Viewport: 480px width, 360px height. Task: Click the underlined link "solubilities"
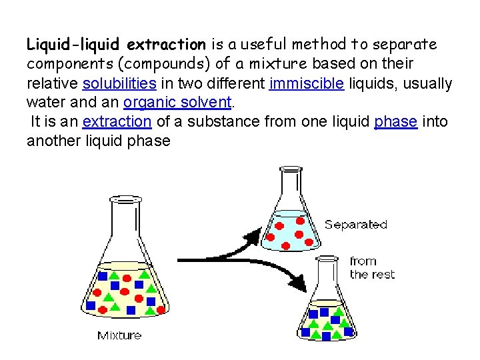pos(119,84)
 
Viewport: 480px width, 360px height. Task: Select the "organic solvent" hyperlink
pos(177,103)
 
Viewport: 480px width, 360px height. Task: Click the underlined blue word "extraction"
pos(117,122)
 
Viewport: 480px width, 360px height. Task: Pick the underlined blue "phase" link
pos(396,122)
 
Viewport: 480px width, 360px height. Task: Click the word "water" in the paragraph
pos(44,103)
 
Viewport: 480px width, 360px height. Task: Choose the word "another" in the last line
pos(50,141)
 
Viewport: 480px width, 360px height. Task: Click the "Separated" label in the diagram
pos(355,225)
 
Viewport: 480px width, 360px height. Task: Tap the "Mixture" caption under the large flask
pos(119,335)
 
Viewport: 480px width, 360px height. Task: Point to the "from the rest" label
pos(372,268)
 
